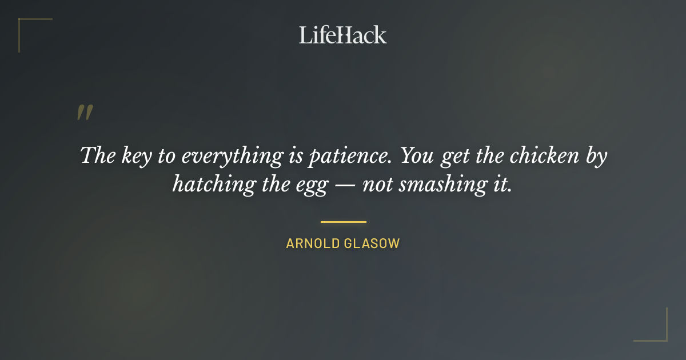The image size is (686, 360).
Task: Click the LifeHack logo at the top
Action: (x=343, y=35)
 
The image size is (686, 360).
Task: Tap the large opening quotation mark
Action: (x=85, y=113)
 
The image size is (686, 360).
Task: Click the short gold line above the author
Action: (x=343, y=222)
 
